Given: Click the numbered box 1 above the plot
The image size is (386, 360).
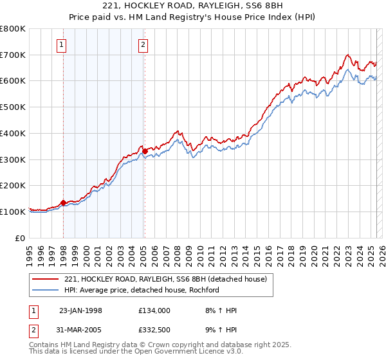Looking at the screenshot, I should click(61, 44).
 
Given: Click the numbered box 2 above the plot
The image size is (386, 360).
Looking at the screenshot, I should click(142, 44).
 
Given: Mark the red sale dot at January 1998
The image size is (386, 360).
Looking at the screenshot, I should click(64, 203).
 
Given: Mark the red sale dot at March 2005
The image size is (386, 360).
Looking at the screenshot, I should click(145, 151).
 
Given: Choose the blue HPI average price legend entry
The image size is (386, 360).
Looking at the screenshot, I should click(142, 290).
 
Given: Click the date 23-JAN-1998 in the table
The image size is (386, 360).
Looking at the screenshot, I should click(80, 310).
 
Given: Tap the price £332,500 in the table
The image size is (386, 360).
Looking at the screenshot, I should click(154, 330).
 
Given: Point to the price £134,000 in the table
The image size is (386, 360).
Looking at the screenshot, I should click(154, 310).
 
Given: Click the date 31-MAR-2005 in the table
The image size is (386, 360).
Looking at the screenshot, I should click(80, 330).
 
